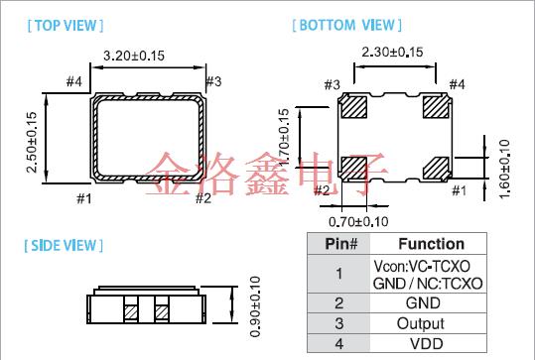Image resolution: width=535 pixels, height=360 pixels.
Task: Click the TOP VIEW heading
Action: (66, 26)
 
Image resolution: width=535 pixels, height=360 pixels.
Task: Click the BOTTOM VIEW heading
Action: (347, 25)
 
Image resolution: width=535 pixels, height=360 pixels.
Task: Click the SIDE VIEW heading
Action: (64, 246)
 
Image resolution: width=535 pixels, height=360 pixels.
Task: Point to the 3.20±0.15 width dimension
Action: (134, 56)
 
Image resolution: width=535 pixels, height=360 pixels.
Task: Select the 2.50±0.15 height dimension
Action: (32, 142)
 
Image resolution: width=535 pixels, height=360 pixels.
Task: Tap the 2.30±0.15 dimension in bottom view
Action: (392, 53)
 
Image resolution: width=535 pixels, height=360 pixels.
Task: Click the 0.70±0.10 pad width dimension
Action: (358, 222)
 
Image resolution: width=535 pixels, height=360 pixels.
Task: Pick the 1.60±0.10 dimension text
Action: (504, 169)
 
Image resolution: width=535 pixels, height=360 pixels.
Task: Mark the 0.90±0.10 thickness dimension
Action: (255, 306)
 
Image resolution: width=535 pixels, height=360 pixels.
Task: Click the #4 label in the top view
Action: (74, 81)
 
